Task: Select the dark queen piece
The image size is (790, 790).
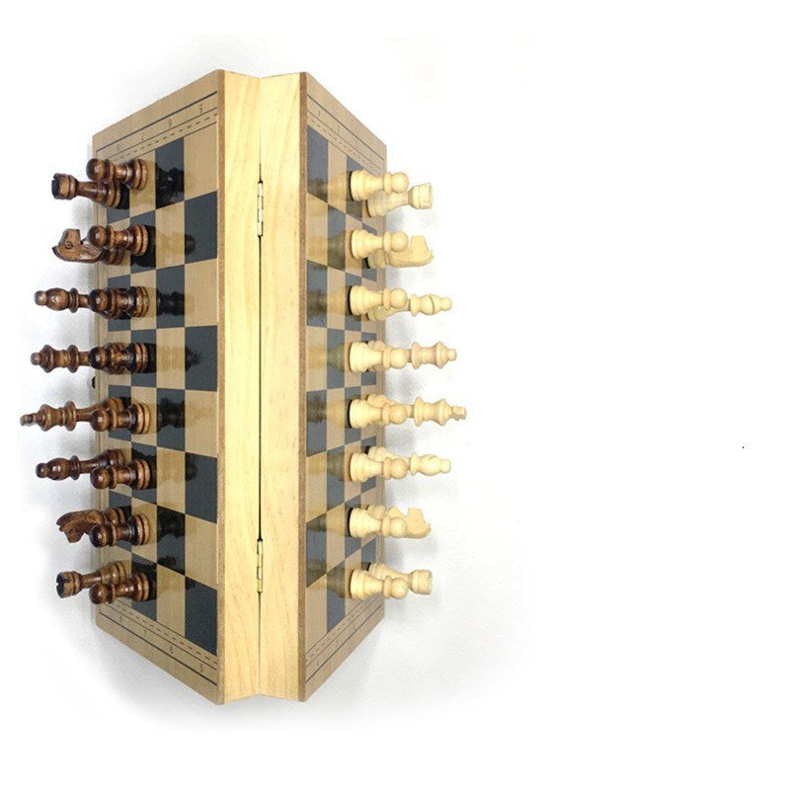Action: tap(49, 358)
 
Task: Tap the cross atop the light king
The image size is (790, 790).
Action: tap(457, 410)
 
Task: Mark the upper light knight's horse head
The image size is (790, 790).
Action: tap(415, 251)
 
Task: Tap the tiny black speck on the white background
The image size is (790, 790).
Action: tap(743, 447)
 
